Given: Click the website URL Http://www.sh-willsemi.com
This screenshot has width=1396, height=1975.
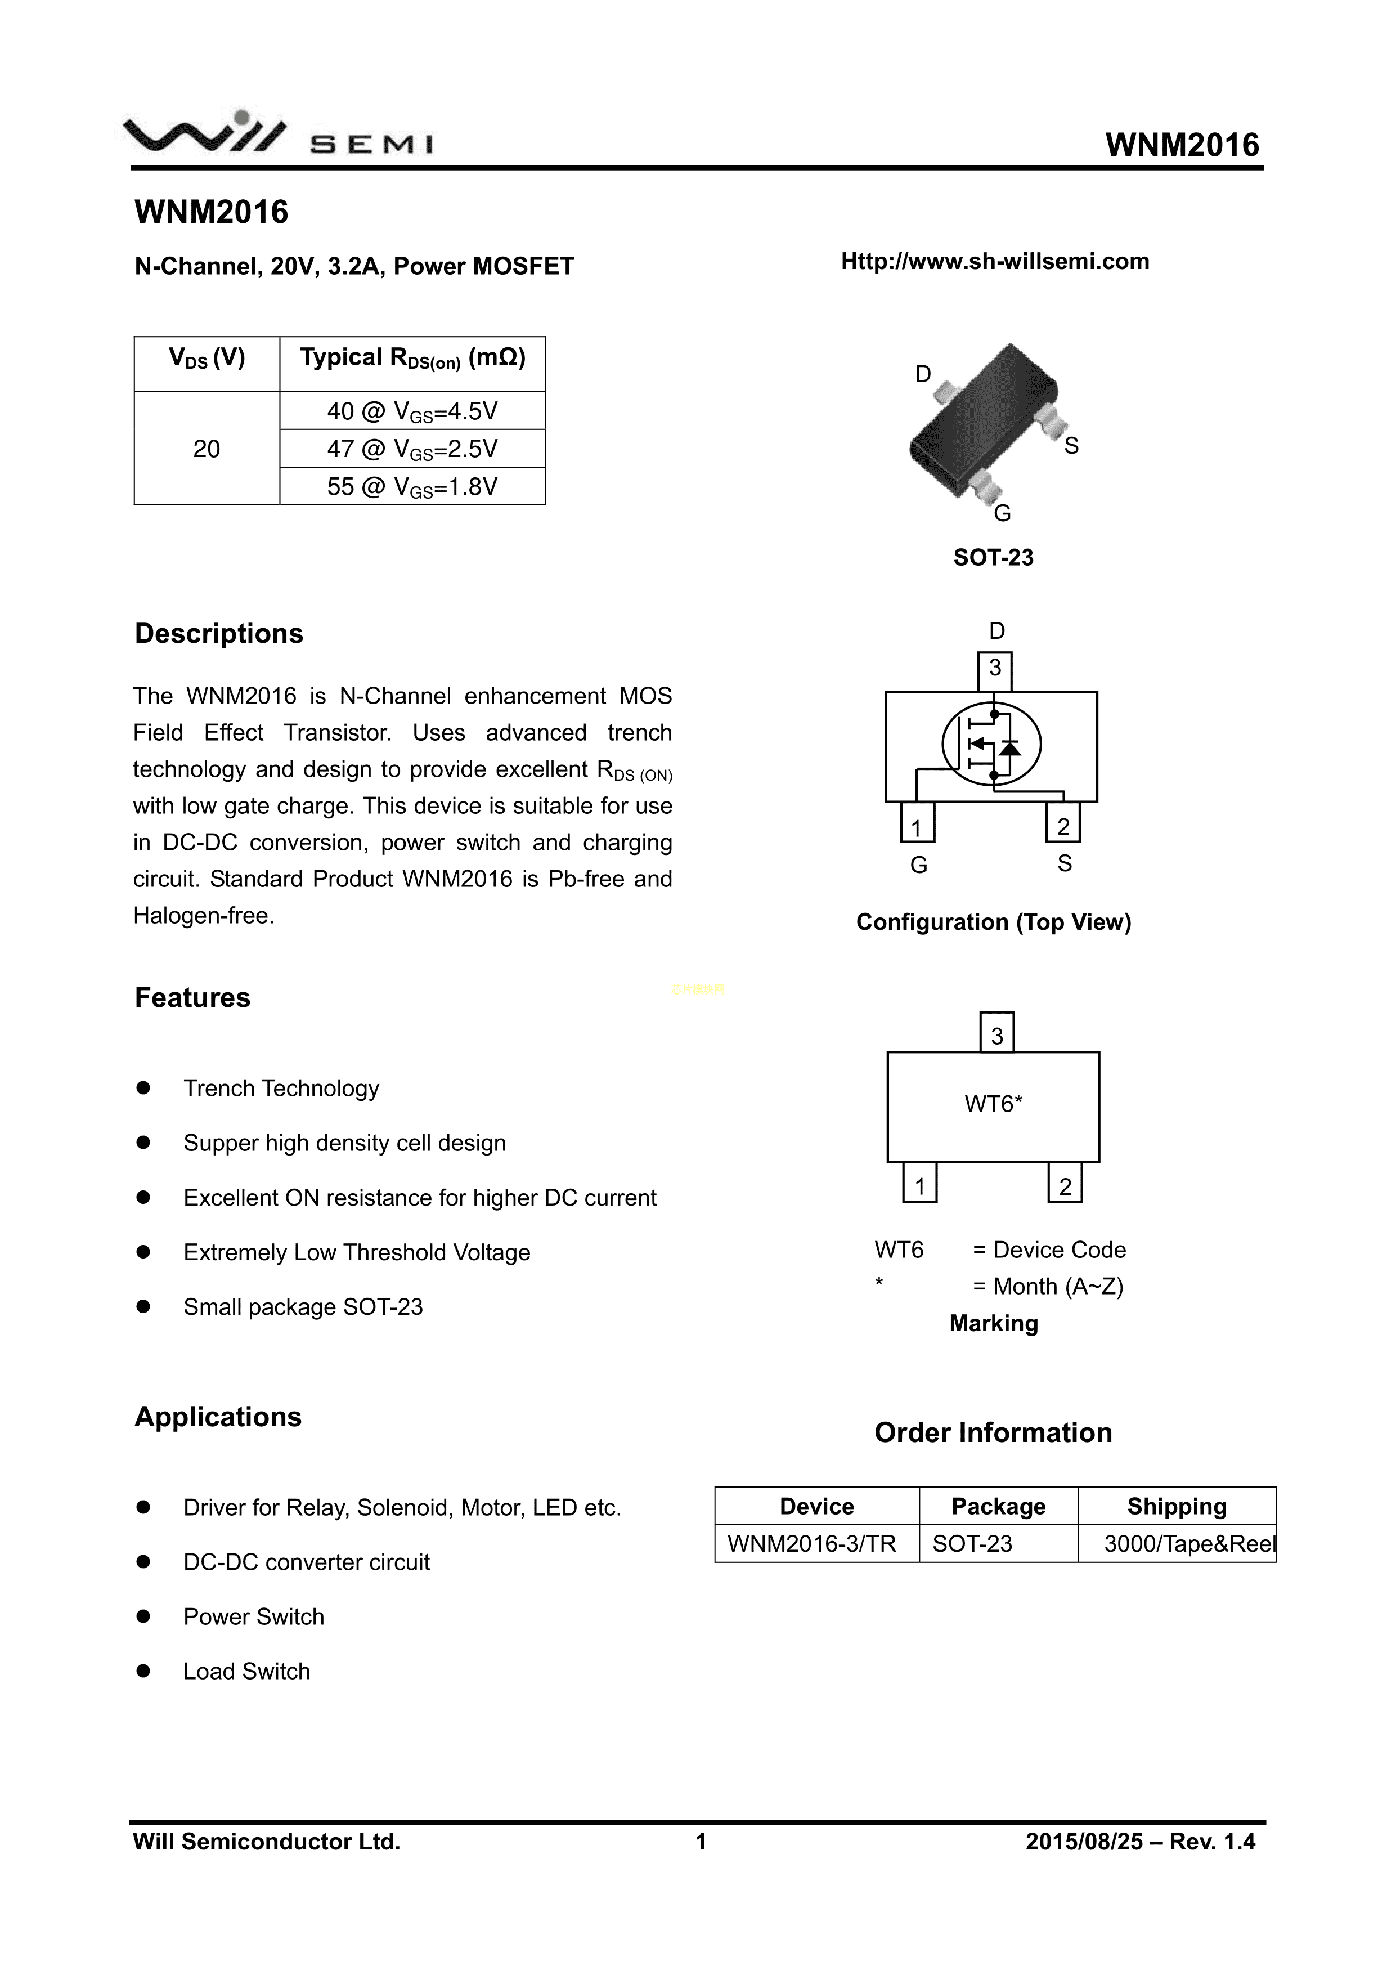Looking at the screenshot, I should coord(994,262).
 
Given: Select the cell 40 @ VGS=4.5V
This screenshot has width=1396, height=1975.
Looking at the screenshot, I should coord(412,411).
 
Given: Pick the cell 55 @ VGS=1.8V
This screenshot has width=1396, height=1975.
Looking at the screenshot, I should coord(412,487).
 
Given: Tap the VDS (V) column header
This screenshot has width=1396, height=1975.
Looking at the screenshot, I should coord(207,358).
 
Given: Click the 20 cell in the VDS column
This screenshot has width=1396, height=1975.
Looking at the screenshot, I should coord(207,449).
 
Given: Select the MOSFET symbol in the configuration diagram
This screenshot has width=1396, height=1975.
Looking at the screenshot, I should coord(992,745).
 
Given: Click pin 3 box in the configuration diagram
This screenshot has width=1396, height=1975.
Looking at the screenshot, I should coord(995,670).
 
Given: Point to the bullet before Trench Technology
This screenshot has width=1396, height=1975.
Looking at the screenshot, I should coord(143,1088).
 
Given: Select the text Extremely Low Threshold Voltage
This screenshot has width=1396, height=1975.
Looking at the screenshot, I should coord(356,1252).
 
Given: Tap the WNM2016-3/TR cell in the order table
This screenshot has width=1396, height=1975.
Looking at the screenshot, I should coord(811,1544).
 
